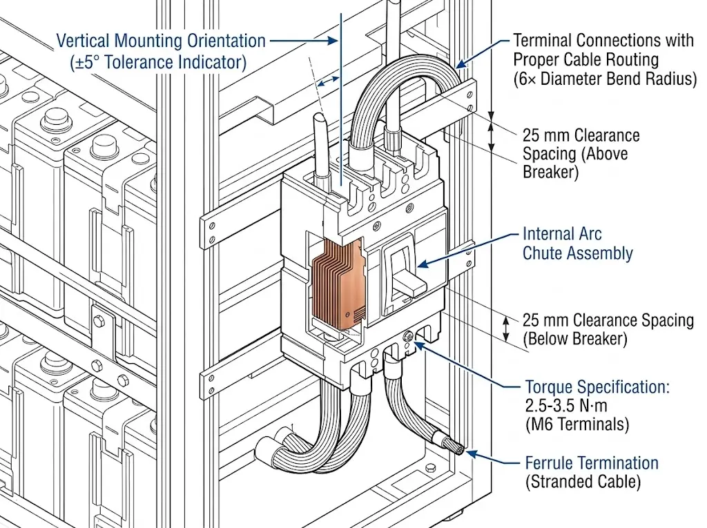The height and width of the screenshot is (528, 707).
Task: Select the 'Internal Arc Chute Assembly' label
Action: tap(577, 244)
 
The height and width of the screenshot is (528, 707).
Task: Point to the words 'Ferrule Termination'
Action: tap(592, 463)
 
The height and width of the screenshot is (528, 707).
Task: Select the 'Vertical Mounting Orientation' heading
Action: tap(160, 41)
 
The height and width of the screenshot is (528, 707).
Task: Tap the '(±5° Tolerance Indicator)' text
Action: tap(158, 62)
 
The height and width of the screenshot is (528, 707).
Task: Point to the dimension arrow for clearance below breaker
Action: tap(506, 329)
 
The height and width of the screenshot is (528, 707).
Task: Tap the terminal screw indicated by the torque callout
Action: tap(407, 336)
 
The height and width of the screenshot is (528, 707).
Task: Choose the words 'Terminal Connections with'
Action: tap(603, 41)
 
